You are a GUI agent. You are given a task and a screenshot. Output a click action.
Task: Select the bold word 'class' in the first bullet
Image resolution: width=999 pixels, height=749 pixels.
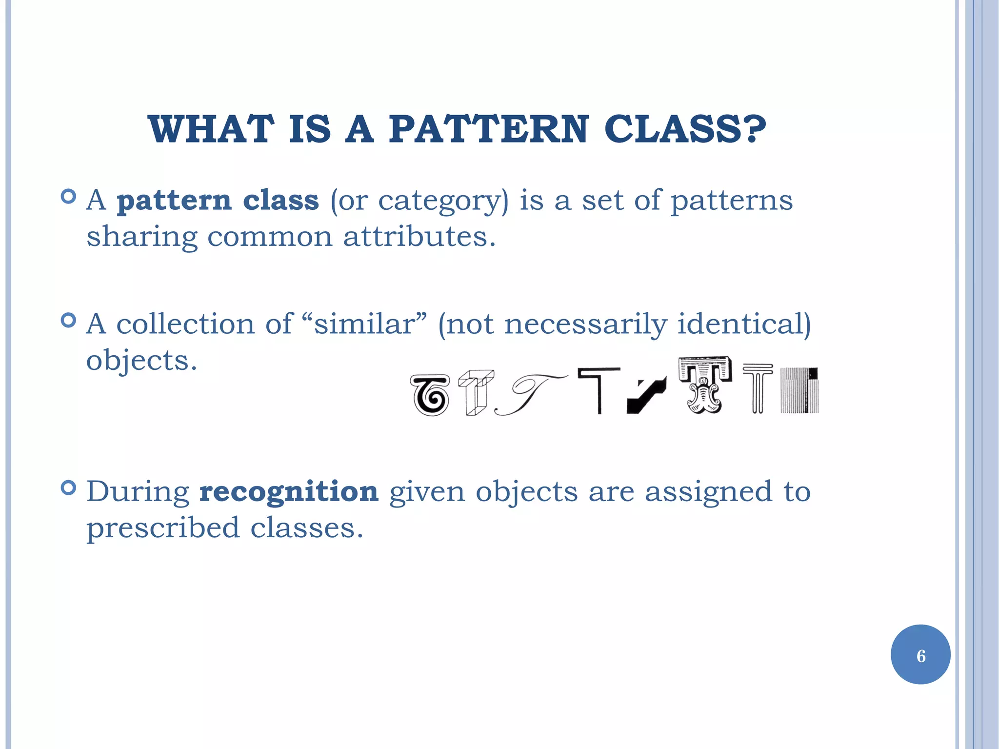[280, 200]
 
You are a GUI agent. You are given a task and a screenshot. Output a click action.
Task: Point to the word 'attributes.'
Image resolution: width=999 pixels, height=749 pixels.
[419, 237]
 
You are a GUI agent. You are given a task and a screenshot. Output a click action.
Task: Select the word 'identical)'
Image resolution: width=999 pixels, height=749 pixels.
[744, 324]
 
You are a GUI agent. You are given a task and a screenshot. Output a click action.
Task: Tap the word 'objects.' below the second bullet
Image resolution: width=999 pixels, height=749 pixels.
[141, 361]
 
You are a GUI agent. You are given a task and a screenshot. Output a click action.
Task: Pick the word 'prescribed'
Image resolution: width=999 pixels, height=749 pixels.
[163, 528]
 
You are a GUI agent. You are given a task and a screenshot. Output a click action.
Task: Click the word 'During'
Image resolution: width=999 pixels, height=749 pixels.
[138, 492]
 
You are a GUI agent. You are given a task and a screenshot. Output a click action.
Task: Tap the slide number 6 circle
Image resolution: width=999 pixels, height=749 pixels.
[920, 654]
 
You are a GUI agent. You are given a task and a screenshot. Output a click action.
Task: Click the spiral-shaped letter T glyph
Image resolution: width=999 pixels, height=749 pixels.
[430, 395]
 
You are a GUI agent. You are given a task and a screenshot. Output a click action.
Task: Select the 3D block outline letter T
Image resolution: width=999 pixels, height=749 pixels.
[476, 392]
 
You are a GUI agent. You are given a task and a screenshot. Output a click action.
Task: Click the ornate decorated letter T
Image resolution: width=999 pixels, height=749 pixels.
[704, 385]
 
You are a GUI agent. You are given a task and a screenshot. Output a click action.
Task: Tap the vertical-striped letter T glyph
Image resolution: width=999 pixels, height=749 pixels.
[799, 390]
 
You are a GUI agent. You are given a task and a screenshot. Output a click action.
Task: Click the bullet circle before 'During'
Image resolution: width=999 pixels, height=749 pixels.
[69, 487]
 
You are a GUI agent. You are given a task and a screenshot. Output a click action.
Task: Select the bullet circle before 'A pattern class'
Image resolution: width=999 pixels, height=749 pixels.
[69, 197]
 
